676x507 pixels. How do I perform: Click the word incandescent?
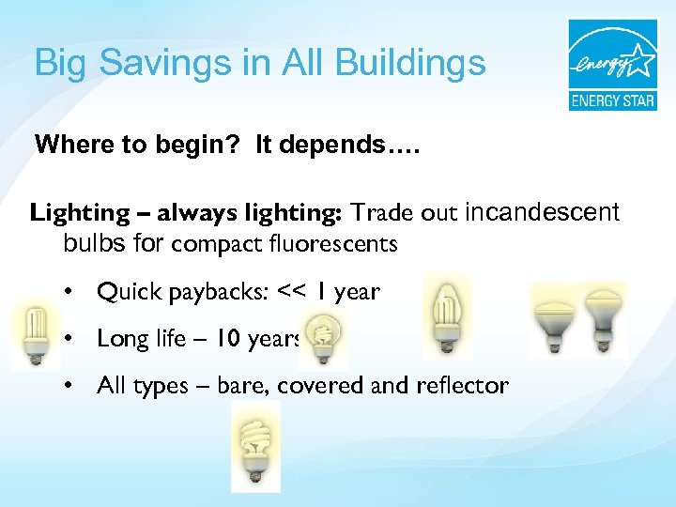[x=542, y=212]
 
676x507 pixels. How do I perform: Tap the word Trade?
[x=381, y=213]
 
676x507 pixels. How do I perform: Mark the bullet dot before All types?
[x=69, y=385]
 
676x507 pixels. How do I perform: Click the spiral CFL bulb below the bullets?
[x=254, y=453]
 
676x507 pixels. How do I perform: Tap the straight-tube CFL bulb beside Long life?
[x=35, y=336]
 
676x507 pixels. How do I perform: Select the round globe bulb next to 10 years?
[x=327, y=340]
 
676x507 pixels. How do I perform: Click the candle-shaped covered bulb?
[x=446, y=315]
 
